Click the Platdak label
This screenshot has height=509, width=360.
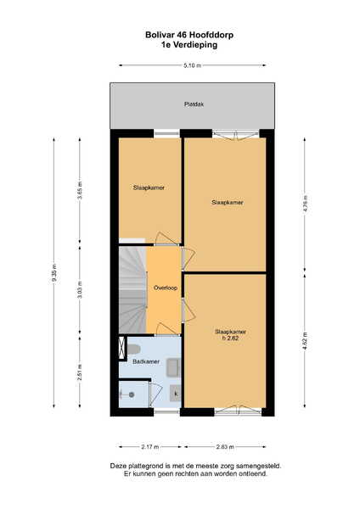coord(194,104)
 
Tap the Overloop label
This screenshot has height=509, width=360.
coord(166,288)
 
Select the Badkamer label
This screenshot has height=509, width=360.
coord(146,361)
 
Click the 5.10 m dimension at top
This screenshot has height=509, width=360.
coord(193,65)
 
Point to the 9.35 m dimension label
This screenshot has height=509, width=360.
coord(54,273)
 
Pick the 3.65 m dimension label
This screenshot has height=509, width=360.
coord(80,191)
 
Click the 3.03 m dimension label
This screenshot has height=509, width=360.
coord(80,289)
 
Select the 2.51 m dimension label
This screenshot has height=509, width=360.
coord(80,372)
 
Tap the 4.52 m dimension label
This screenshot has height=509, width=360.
coord(305,341)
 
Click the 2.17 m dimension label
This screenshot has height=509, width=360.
coord(150,447)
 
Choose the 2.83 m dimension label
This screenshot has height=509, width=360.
coord(225,447)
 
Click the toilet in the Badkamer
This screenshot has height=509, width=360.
coord(133,350)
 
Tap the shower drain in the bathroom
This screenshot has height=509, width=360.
coord(132,394)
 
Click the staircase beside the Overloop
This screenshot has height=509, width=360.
coord(132,290)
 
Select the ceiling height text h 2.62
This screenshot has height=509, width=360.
coord(230,338)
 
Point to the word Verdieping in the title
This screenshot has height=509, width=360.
coord(195,45)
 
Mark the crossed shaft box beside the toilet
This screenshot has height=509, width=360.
coord(122,348)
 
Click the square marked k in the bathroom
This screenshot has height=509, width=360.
coord(176,394)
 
